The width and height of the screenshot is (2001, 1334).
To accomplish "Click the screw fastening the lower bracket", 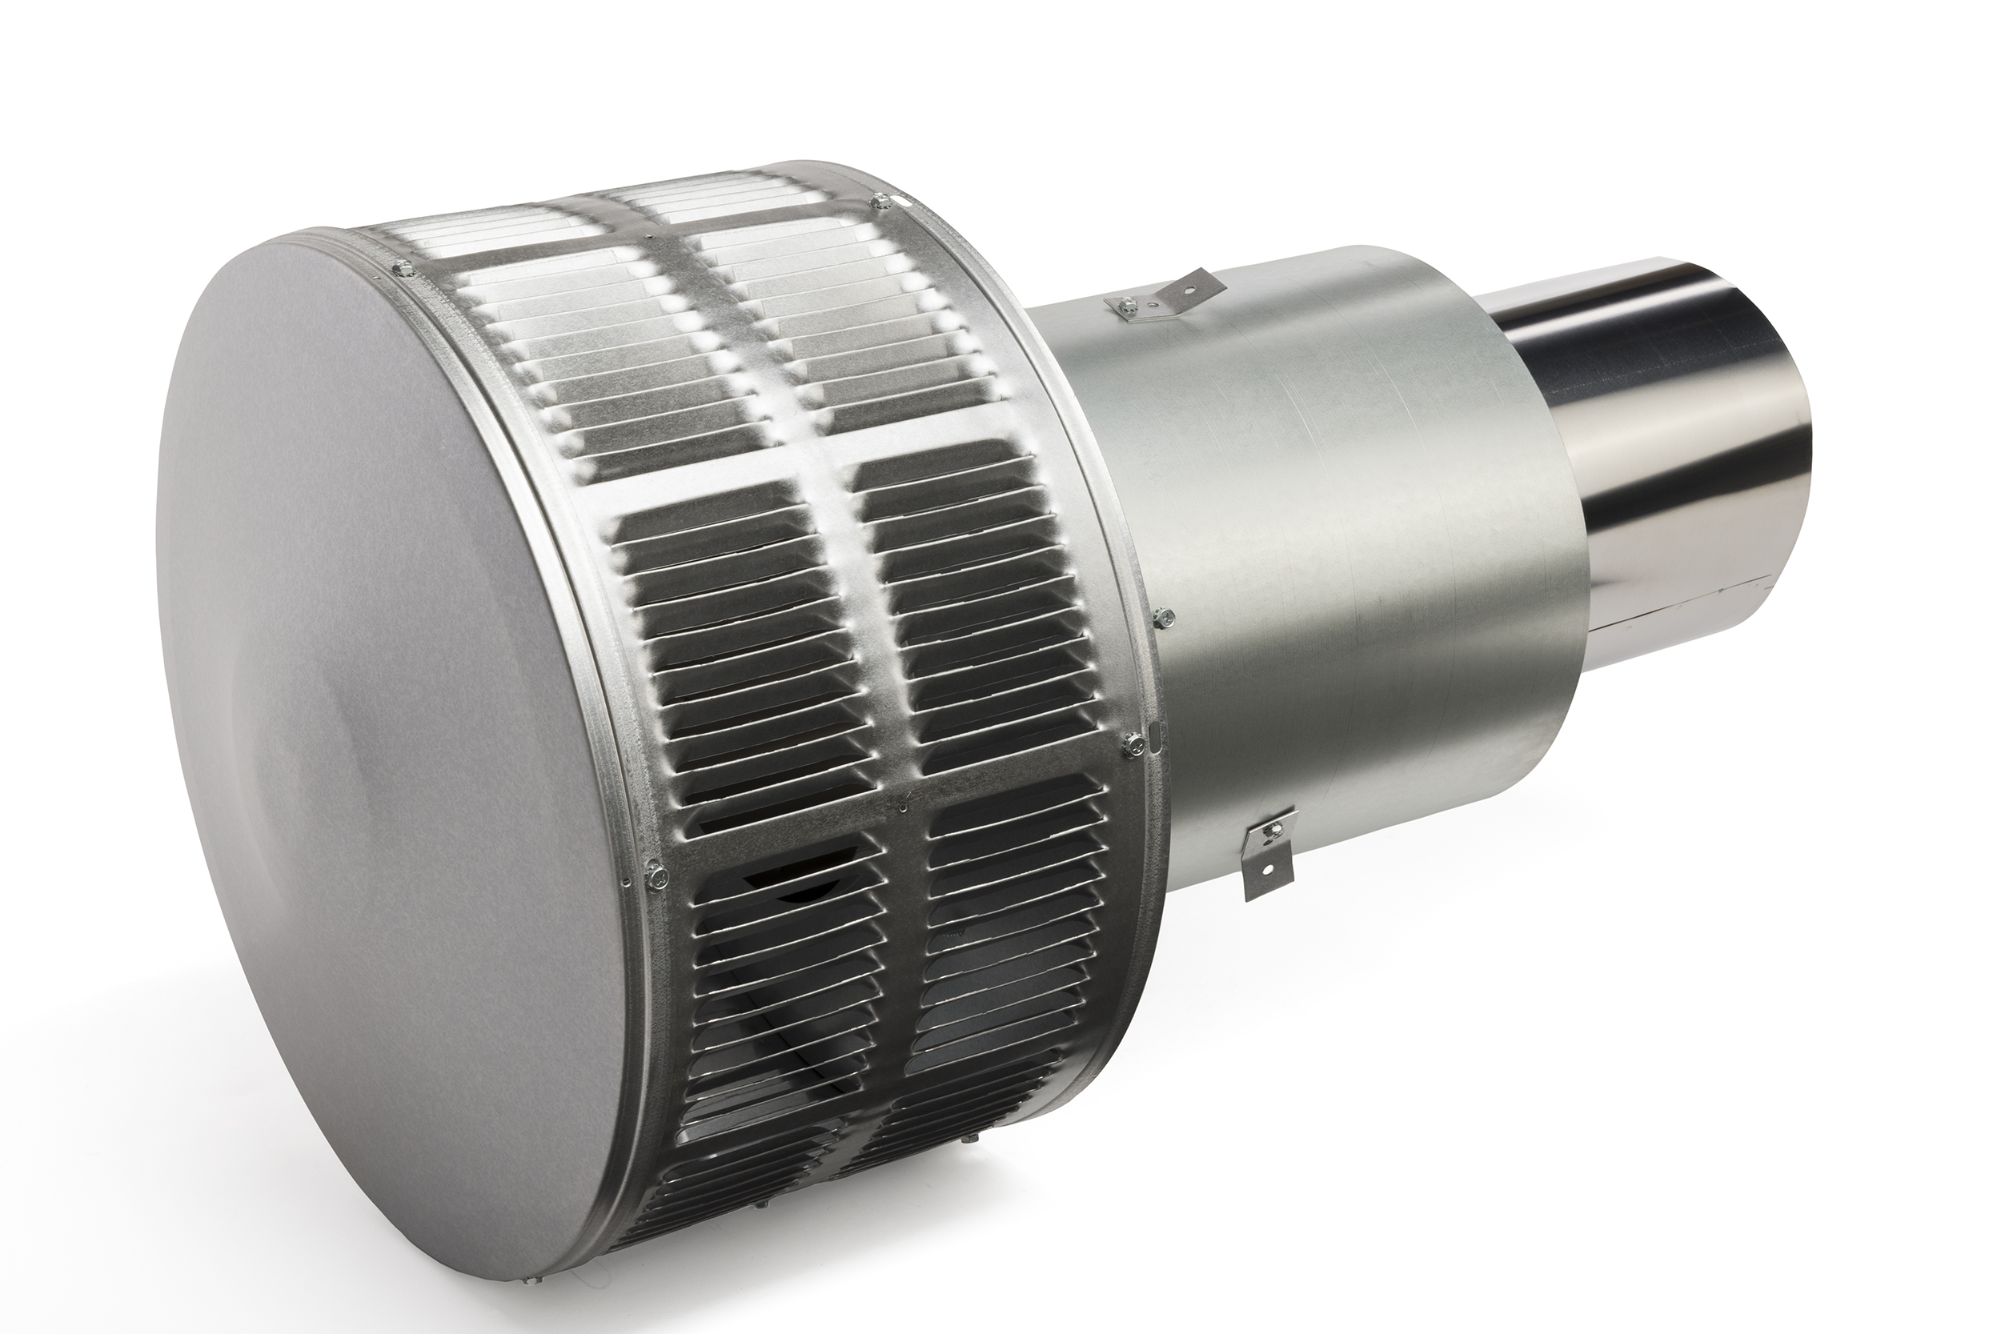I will [1273, 827].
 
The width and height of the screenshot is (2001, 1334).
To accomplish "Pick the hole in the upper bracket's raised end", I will [1202, 279].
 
